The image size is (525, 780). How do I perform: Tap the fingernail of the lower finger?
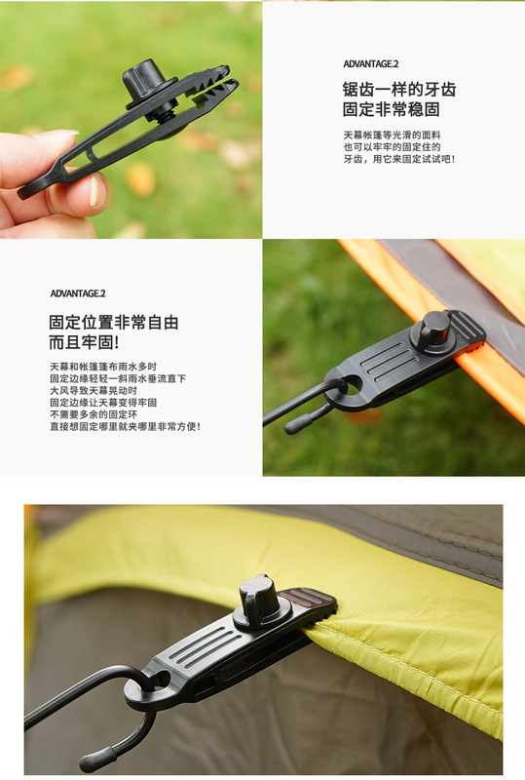coord(97,191)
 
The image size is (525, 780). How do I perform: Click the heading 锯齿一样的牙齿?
coord(398,89)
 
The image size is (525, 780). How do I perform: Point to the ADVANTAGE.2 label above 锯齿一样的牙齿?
coord(370,63)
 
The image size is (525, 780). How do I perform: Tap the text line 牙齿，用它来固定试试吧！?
coord(398,159)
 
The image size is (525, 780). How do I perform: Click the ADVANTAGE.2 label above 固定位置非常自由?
coord(78,292)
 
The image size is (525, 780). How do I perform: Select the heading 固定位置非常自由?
coord(114,323)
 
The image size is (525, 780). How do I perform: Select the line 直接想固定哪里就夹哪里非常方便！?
coord(125,426)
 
